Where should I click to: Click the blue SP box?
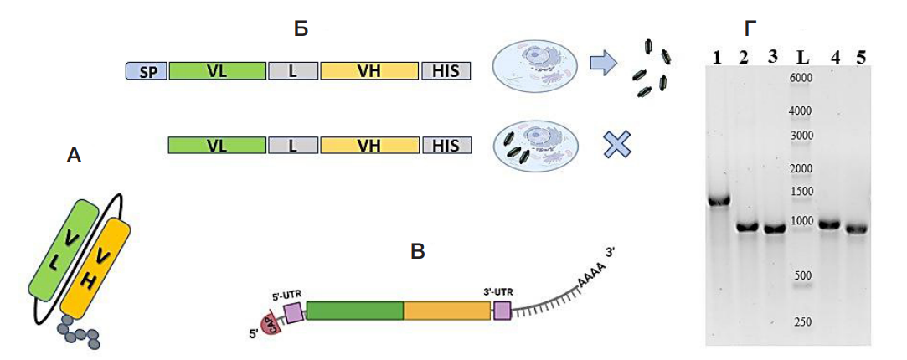click(x=147, y=71)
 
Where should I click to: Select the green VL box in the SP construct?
click(x=218, y=71)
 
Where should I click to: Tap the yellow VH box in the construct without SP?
click(x=368, y=146)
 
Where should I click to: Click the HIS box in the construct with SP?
click(x=446, y=71)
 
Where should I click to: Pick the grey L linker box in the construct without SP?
click(x=292, y=146)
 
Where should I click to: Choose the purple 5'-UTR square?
click(x=294, y=313)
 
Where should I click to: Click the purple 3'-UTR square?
click(x=502, y=311)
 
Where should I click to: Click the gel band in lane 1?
click(x=719, y=201)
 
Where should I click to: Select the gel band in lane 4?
click(x=829, y=224)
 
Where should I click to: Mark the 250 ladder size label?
click(x=802, y=322)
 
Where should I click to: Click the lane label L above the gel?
click(x=802, y=57)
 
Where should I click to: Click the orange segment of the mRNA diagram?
click(x=447, y=311)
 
